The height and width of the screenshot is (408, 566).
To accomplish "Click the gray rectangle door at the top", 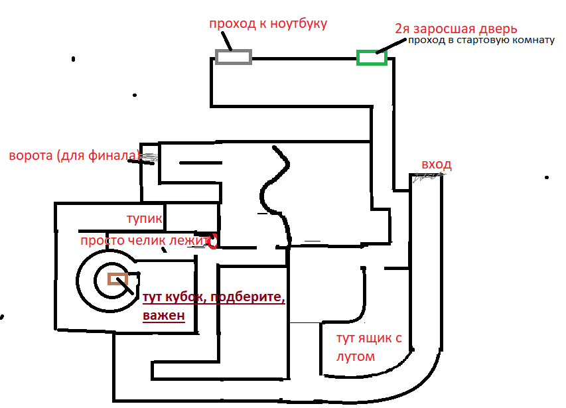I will coord(234,57).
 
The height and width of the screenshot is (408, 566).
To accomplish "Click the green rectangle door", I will coord(372,58).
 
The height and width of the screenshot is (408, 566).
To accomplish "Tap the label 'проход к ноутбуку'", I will coord(268,24).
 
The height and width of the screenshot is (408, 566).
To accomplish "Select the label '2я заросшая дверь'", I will coord(455,29).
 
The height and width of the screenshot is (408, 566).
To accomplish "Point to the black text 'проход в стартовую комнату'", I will coord(480,40).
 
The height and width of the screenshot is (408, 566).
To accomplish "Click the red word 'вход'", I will coord(437,165).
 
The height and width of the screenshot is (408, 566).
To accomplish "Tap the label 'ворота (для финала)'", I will coord(74,157).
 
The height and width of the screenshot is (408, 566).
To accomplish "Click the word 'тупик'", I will coord(144,218).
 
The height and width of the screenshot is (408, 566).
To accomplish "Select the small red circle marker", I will coord(213,241).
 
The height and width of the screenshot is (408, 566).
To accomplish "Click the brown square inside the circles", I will coord(117,279).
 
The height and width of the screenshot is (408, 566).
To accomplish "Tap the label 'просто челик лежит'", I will coord(143,241).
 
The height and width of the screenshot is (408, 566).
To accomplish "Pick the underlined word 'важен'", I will coord(163,316).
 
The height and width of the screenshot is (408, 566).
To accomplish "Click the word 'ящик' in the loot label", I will coord(376,339).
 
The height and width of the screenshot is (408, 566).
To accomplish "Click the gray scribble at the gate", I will coord(149,158).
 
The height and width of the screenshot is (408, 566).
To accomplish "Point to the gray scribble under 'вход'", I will coord(425,177).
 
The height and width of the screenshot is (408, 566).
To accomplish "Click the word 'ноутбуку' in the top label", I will coord(297,24).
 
